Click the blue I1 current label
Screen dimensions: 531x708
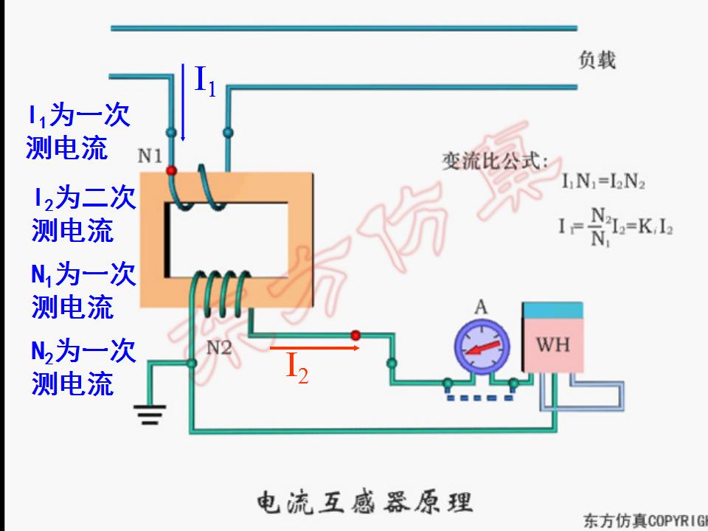[205, 80]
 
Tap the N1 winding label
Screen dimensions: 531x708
[150, 156]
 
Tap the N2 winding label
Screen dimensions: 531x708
[218, 347]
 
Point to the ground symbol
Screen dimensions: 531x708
[150, 417]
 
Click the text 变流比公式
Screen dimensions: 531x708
[495, 161]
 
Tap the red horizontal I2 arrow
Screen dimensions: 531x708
[314, 346]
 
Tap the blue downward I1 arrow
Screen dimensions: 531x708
[184, 103]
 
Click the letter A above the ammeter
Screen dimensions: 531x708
[481, 307]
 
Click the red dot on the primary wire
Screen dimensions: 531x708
[172, 170]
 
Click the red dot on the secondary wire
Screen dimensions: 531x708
[355, 335]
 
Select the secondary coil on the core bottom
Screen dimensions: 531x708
[221, 290]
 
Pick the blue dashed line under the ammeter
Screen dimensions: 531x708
[480, 398]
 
